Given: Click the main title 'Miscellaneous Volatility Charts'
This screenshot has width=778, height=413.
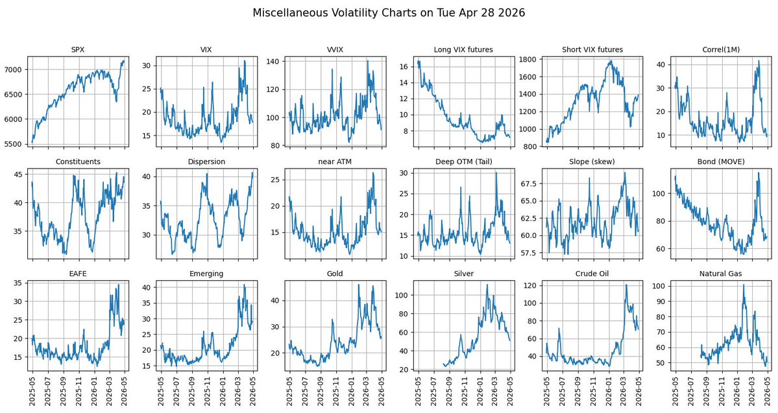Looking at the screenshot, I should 389,13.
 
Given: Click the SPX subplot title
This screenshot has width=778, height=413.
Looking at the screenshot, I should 78,49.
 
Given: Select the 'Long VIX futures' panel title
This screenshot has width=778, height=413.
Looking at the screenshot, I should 463,49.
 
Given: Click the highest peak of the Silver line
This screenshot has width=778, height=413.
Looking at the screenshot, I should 487,285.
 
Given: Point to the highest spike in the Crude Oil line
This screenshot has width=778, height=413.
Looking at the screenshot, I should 626,285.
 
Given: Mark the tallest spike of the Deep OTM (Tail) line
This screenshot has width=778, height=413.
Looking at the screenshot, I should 496,172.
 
